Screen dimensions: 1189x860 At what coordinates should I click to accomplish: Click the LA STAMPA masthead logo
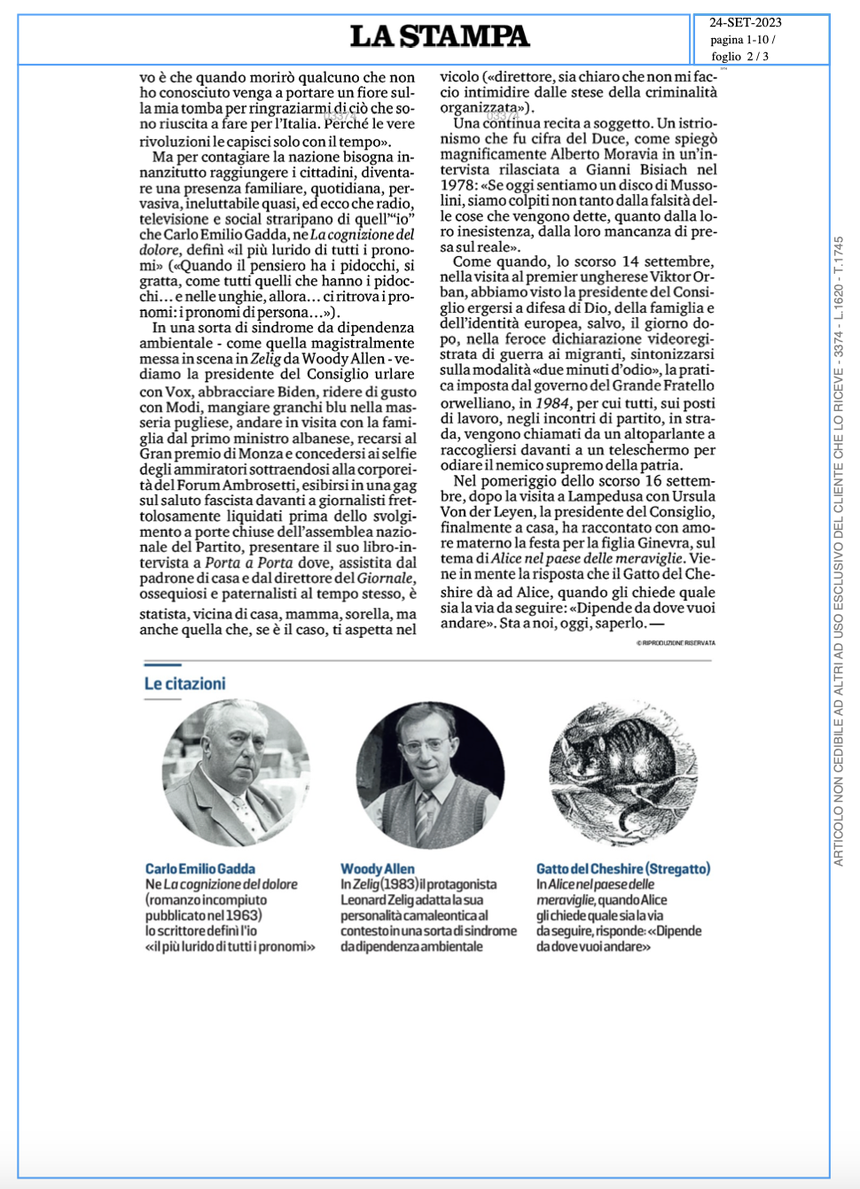pyautogui.click(x=440, y=36)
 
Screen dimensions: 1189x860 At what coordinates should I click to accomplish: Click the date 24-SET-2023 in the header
pyautogui.click(x=745, y=23)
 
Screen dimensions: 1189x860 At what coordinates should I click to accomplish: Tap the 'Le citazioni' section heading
pyautogui.click(x=185, y=683)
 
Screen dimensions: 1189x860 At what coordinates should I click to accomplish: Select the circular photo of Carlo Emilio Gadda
pyautogui.click(x=236, y=773)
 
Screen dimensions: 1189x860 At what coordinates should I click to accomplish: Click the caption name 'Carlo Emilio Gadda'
pyautogui.click(x=200, y=869)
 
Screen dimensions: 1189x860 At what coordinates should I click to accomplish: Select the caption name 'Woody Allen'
pyautogui.click(x=378, y=869)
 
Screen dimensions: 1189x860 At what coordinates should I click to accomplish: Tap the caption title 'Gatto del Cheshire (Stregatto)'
pyautogui.click(x=623, y=869)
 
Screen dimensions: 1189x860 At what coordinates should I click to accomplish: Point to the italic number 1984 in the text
pyautogui.click(x=552, y=403)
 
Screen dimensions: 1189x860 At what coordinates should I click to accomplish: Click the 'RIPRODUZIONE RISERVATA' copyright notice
pyautogui.click(x=676, y=642)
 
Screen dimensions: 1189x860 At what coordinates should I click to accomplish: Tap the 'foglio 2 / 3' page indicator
pyautogui.click(x=739, y=56)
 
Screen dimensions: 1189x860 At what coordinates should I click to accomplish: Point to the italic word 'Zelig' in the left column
pyautogui.click(x=265, y=359)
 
